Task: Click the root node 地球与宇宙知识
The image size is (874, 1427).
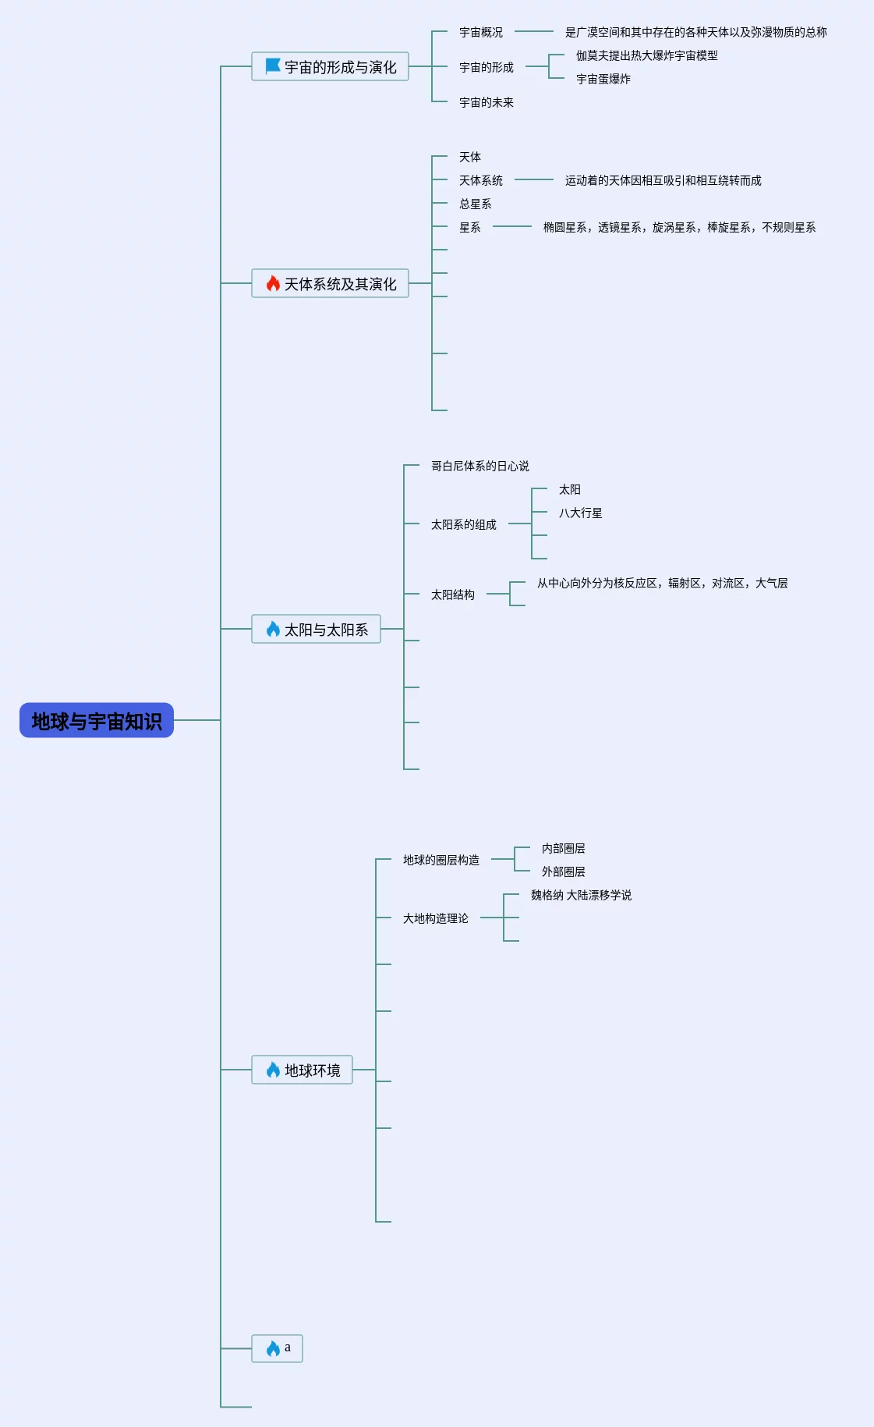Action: (97, 720)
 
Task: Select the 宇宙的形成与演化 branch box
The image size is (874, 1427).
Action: (330, 67)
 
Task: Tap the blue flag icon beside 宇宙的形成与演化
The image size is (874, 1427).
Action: (273, 66)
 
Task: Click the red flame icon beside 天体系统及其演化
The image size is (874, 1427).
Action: (273, 283)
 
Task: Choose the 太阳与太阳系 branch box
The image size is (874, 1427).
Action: (316, 629)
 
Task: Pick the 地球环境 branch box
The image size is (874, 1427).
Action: (302, 1070)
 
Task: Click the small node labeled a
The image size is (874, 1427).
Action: (278, 1348)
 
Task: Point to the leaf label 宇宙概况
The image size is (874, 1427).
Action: (481, 32)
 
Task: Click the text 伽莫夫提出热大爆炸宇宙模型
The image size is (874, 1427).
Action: (646, 55)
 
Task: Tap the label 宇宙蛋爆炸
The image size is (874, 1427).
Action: (603, 79)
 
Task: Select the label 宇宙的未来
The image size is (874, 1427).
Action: (487, 102)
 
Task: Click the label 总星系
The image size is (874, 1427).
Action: (476, 204)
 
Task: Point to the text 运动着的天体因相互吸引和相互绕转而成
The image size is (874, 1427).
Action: (663, 180)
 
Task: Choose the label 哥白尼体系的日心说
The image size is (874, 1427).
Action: (480, 466)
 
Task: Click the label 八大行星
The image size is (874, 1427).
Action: (580, 513)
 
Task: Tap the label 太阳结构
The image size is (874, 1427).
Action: (453, 595)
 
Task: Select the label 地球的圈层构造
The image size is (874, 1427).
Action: (441, 860)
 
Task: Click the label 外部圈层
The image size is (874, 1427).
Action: (563, 871)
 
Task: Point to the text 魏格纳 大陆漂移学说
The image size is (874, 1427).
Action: (581, 895)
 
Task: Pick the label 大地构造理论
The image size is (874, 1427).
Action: (436, 918)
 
